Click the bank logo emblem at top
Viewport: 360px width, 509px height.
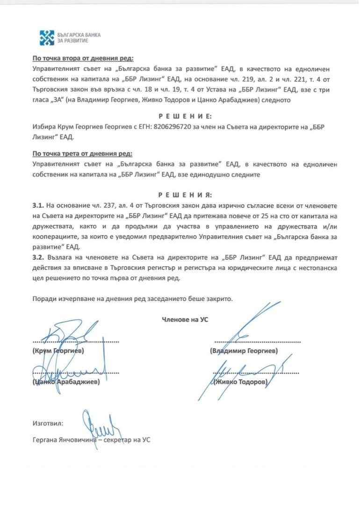point(47,38)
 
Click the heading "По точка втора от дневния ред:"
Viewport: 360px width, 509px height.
point(83,58)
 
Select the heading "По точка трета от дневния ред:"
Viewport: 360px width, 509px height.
point(82,153)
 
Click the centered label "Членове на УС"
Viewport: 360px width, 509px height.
point(185,320)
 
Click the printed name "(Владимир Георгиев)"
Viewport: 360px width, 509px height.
point(244,350)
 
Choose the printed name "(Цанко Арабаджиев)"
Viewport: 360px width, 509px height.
point(66,382)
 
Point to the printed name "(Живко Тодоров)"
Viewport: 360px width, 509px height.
point(241,382)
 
